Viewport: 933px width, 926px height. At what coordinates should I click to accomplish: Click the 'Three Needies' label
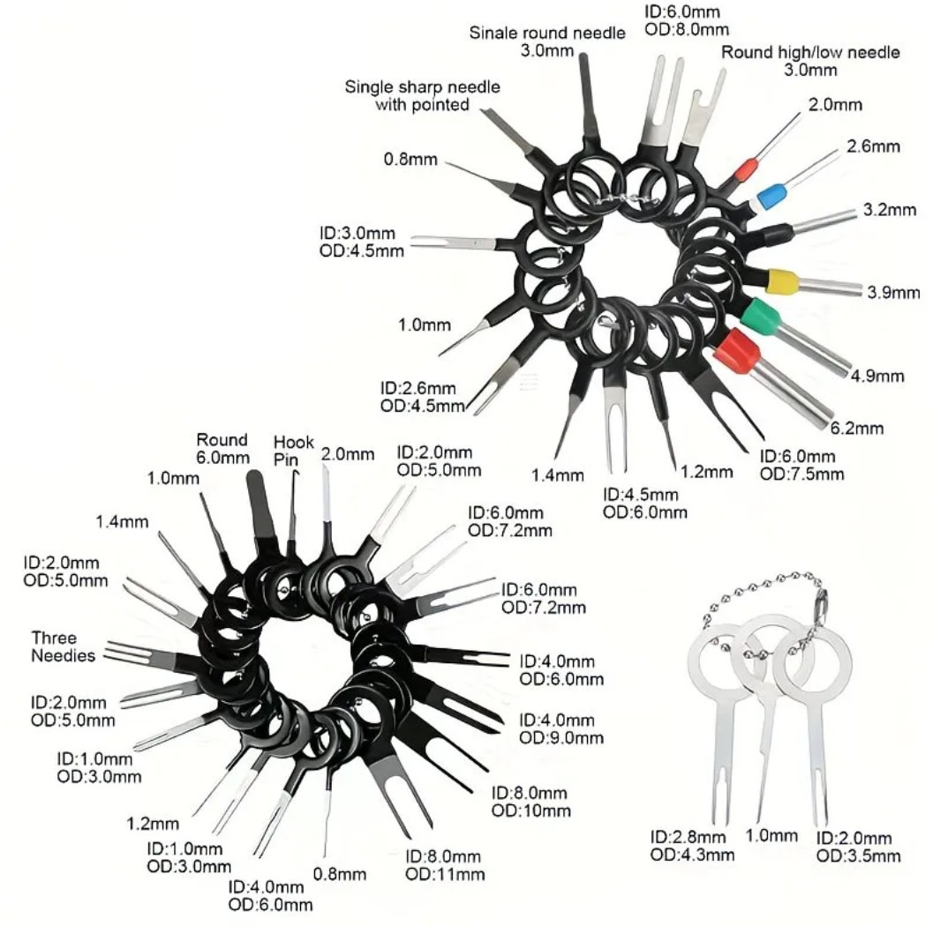point(63,646)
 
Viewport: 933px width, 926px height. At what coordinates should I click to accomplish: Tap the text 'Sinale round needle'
point(547,33)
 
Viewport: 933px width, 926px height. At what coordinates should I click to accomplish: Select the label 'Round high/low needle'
point(809,52)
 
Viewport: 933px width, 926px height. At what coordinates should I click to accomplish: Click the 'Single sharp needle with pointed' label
point(423,96)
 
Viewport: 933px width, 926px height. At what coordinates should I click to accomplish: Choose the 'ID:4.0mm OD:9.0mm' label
point(561,729)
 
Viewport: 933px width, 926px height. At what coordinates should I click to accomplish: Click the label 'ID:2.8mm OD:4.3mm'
point(692,846)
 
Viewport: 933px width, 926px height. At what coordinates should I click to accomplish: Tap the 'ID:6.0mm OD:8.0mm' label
point(686,20)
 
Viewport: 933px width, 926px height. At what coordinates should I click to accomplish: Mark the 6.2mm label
point(857,428)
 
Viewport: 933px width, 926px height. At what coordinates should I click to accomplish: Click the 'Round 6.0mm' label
point(222,449)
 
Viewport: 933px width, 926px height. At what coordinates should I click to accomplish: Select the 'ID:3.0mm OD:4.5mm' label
point(361,242)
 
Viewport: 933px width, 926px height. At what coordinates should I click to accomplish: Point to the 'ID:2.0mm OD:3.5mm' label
point(858,847)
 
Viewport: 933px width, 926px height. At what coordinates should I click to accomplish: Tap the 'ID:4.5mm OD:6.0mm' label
point(645,504)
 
